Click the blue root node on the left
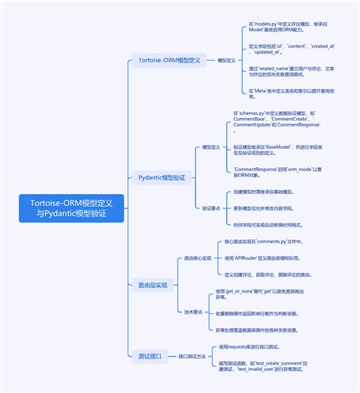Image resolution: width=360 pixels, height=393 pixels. [71, 209]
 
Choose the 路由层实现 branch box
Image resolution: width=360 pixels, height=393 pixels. [152, 285]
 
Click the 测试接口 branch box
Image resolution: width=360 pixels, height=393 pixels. [148, 356]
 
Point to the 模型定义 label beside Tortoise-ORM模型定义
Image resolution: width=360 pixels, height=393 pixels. [226, 59]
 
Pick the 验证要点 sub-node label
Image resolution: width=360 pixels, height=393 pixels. [211, 207]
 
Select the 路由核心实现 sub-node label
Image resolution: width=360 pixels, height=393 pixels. [198, 258]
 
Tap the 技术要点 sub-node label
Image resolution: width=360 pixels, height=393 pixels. [194, 312]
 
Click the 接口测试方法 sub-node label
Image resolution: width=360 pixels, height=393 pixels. [191, 356]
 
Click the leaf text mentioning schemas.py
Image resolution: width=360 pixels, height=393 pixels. [276, 121]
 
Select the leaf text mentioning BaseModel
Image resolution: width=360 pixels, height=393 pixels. [276, 149]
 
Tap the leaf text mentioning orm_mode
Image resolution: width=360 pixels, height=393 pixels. [276, 171]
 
